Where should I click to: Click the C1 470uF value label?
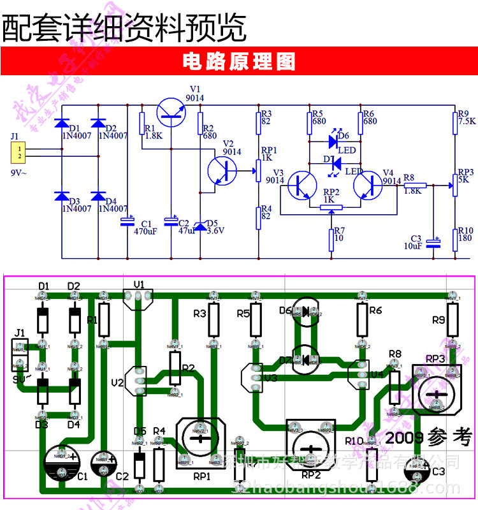click(x=145, y=231)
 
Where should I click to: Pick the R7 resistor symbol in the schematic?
click(x=331, y=238)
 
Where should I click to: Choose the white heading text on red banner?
click(x=238, y=62)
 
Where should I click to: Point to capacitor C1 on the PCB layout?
click(x=62, y=461)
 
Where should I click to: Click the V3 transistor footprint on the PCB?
click(x=250, y=376)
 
